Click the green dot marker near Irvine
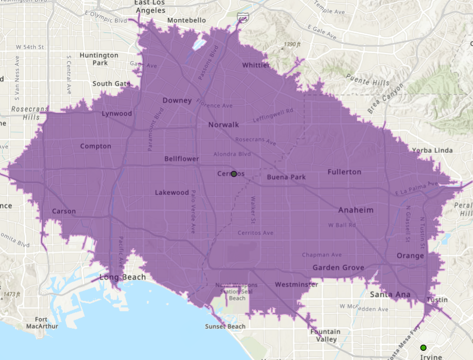click(x=423, y=348)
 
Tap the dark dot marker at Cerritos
click(x=234, y=174)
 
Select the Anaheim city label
click(x=356, y=210)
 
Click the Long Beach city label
click(x=122, y=277)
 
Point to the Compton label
click(x=95, y=146)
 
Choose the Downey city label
click(x=177, y=101)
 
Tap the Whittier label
click(x=256, y=65)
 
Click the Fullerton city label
click(x=344, y=172)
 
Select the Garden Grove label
click(x=338, y=268)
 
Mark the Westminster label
click(x=296, y=284)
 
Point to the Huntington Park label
click(x=98, y=59)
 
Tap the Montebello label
click(x=186, y=20)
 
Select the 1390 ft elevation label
click(x=293, y=44)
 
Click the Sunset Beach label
click(x=225, y=326)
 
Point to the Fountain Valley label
click(x=325, y=336)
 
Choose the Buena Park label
click(x=286, y=177)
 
